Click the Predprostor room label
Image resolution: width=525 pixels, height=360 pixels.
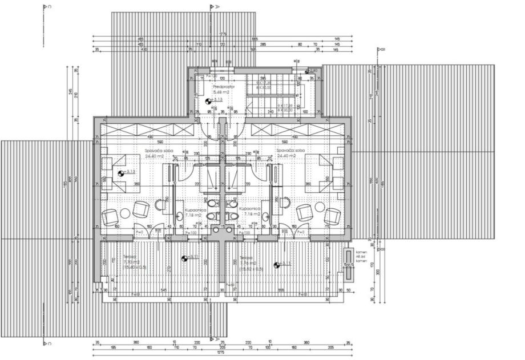[214, 87]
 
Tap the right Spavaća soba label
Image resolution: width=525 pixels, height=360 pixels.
[291, 151]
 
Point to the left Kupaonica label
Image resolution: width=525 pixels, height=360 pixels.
[195, 210]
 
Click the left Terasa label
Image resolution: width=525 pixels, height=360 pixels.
[131, 257]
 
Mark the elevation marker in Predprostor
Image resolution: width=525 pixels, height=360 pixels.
[208, 100]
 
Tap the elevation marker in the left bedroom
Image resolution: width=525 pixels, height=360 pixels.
[121, 172]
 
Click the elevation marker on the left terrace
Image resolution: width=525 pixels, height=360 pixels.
[184, 258]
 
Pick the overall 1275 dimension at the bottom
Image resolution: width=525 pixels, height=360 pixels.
[221, 353]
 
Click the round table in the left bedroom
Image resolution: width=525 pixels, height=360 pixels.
[126, 213]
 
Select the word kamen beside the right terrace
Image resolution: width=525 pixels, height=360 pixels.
[361, 252]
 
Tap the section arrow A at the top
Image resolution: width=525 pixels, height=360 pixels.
[212, 7]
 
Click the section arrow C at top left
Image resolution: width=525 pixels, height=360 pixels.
[45, 7]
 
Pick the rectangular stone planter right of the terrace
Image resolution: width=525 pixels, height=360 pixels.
[349, 265]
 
